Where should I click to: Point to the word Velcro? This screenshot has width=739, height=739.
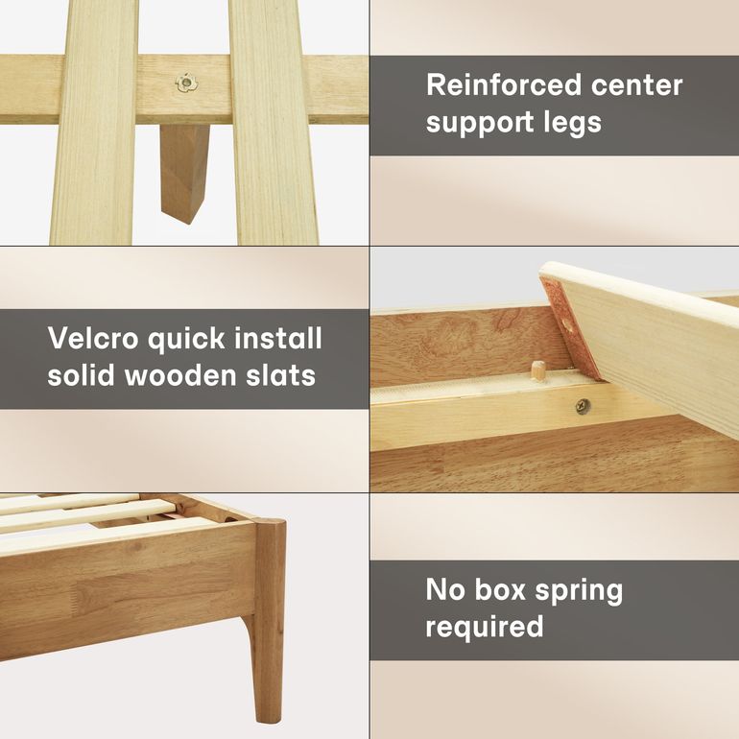[x=92, y=338]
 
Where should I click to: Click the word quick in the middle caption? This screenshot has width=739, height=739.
[x=186, y=340]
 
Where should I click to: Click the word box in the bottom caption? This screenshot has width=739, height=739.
[x=500, y=589]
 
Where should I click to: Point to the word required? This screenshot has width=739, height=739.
[x=485, y=628]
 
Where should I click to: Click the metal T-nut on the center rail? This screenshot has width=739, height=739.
[x=187, y=83]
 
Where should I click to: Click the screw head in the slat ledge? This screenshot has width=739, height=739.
[x=583, y=406]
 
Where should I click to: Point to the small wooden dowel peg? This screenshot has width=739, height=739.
[x=538, y=369]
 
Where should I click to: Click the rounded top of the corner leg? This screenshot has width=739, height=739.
[x=272, y=522]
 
